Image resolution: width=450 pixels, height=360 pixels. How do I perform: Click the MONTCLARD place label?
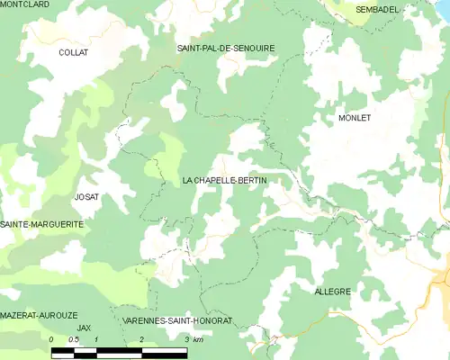(x=25, y=4)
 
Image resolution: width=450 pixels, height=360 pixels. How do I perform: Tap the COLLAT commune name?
(x=72, y=53)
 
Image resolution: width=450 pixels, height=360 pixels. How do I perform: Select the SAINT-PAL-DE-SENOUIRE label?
(x=226, y=48)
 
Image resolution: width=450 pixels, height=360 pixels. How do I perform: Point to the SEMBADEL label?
(x=378, y=9)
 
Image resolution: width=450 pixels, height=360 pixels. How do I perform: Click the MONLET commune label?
(x=355, y=118)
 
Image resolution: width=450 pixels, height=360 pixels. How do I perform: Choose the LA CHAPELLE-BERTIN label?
(x=224, y=181)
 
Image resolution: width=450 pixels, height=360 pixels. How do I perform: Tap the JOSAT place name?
(x=87, y=196)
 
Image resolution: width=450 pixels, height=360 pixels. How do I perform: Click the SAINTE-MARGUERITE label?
(x=42, y=223)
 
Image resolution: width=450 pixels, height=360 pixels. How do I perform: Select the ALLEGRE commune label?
(x=332, y=292)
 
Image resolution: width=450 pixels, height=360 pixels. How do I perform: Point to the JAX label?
(x=85, y=328)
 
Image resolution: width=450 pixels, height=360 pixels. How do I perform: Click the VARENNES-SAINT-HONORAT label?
(x=177, y=321)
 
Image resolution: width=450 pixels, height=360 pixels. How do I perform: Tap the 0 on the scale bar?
(x=52, y=339)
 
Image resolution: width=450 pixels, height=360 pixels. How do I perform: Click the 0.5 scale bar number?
(x=74, y=339)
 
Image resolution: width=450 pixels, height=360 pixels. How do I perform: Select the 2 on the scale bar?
(x=141, y=339)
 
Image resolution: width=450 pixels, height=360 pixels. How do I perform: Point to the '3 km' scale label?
(x=193, y=339)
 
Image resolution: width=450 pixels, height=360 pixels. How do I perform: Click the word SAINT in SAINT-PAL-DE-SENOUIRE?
(x=190, y=48)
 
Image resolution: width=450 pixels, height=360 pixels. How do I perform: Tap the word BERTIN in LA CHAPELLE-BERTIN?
(x=249, y=181)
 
